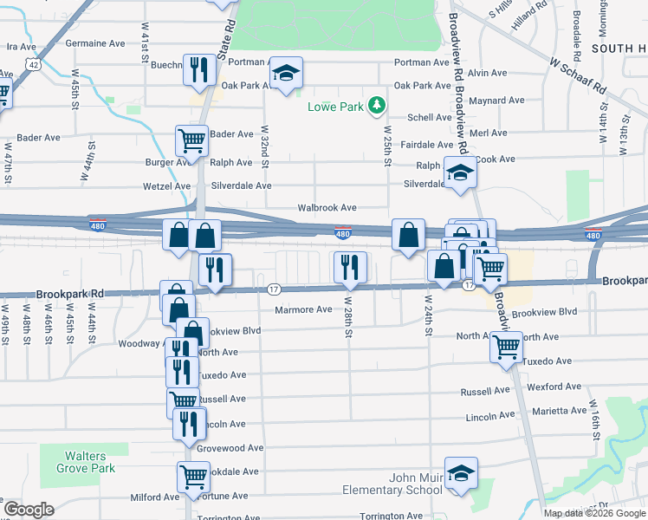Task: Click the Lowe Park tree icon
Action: click(376, 106)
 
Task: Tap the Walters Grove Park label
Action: click(86, 462)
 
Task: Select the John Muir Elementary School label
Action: click(403, 484)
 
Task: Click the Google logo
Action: click(29, 510)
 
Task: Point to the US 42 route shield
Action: click(33, 64)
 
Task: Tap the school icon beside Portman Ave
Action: click(285, 74)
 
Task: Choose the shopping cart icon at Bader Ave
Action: click(191, 140)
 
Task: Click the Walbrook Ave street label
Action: click(327, 208)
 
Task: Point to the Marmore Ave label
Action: click(303, 309)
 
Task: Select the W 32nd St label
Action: click(264, 147)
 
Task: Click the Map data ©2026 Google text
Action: click(595, 513)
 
